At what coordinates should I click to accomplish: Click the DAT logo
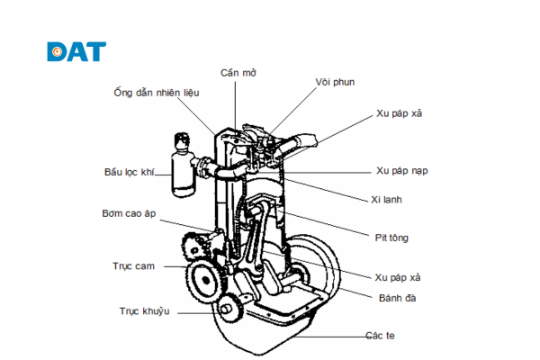click(76, 51)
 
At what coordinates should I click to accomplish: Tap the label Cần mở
click(238, 72)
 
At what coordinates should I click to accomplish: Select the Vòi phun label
click(334, 82)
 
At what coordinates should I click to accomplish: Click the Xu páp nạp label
click(402, 169)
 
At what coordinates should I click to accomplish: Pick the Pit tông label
click(391, 238)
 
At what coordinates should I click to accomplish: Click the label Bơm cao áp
click(130, 212)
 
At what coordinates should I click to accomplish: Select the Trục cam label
click(130, 266)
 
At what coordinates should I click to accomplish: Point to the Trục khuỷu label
click(144, 311)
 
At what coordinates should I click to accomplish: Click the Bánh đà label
click(397, 296)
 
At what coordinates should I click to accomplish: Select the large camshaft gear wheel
click(205, 281)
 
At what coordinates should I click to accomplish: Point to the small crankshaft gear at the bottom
click(229, 307)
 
